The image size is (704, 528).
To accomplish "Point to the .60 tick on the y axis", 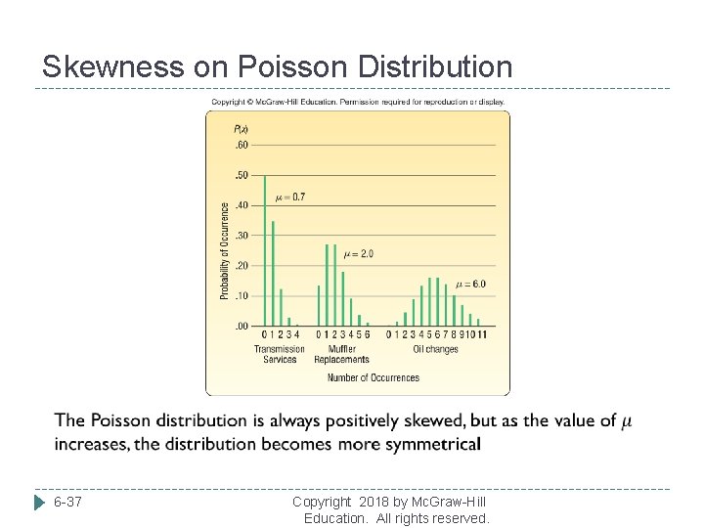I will [x=241, y=146].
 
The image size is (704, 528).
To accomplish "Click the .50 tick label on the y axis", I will [x=241, y=176].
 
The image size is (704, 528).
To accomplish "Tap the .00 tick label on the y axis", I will [x=241, y=327].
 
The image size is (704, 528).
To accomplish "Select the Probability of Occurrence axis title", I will [x=224, y=250].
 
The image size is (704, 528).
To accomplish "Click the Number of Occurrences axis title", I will [x=373, y=378].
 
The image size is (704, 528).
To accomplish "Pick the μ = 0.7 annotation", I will [x=290, y=198].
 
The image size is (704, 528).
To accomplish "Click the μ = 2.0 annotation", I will [x=358, y=254].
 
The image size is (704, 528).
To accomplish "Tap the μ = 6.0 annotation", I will [x=470, y=285].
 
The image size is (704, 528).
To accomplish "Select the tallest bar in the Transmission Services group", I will [x=265, y=250].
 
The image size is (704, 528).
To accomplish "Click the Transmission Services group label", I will [x=280, y=354].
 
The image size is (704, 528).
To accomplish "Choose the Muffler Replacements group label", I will [x=342, y=354].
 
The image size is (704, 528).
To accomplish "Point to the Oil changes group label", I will [x=435, y=349].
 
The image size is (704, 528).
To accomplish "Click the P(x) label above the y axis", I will [x=242, y=128].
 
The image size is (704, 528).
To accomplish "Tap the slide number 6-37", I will [x=67, y=503].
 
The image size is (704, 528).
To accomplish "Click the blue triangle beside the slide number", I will [x=39, y=503].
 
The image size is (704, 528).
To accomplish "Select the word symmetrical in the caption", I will [x=427, y=444].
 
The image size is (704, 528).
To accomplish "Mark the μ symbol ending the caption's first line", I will [x=627, y=421].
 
